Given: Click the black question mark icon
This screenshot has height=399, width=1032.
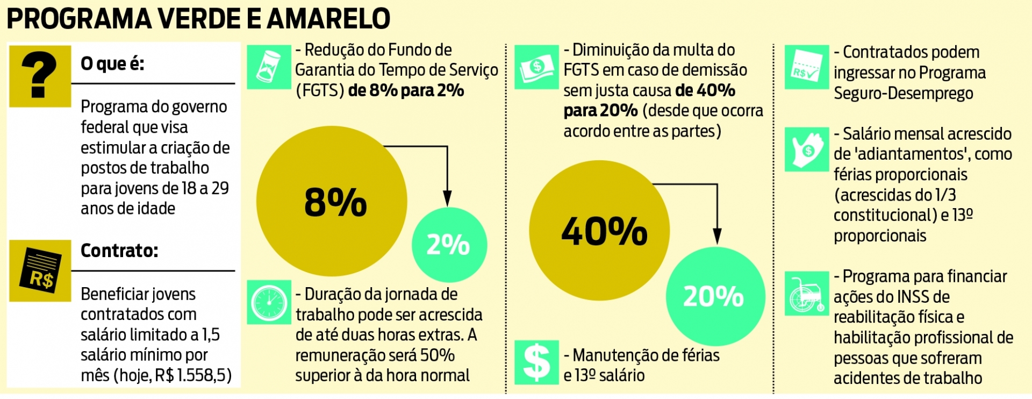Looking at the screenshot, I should pos(39,75).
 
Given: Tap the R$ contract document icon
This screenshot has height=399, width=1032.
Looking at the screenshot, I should pos(40,270).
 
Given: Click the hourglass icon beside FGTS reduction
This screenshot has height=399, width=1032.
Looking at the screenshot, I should pos(269,67).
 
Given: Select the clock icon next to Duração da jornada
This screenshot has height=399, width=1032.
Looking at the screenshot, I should pos(269,302).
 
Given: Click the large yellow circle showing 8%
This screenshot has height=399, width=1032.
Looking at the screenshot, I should pos(332,201).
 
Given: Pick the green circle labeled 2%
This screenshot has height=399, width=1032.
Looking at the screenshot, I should pos(449,245).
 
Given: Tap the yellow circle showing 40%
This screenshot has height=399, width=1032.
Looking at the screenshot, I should pos(599,230).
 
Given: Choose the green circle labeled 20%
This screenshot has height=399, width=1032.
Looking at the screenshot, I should pos(715,296).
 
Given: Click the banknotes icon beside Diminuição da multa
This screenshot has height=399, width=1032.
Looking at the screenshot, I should pos(536,67).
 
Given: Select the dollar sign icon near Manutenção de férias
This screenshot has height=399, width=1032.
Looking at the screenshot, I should pos(536,362).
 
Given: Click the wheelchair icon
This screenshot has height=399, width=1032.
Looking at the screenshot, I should pos(806,294).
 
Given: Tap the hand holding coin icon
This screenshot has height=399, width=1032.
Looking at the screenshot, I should pos(806,149).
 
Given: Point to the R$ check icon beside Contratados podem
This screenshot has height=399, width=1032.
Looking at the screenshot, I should pos(806,67).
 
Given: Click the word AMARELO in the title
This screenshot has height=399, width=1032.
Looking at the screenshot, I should pos(328,19).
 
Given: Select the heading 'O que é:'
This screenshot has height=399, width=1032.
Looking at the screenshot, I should pos(112,64).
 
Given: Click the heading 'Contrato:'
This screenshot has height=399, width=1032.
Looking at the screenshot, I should pos(119,251).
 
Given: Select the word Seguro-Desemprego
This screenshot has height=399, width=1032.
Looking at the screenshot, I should pos(903,93).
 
